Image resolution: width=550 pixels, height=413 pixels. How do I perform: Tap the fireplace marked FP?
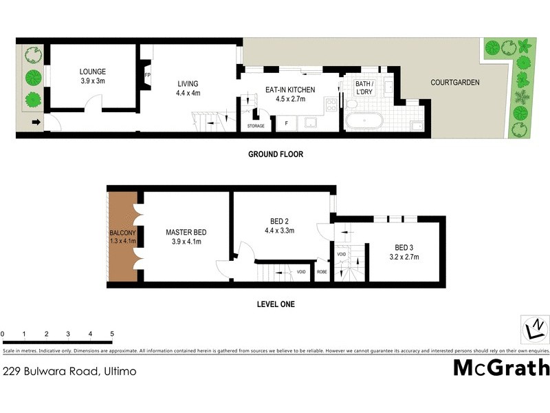pyautogui.click(x=147, y=76)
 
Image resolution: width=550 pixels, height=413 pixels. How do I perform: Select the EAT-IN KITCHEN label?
pyautogui.click(x=290, y=89)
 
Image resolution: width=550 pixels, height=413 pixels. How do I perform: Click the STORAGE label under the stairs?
pyautogui.click(x=255, y=126)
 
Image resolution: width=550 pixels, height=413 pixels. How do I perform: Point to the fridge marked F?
pyautogui.click(x=286, y=124)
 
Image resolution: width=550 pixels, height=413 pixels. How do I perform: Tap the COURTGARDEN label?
pyautogui.click(x=455, y=83)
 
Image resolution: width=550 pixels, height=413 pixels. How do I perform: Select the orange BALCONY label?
pyautogui.click(x=124, y=233)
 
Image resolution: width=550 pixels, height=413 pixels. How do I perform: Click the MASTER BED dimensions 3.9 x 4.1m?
pyautogui.click(x=186, y=242)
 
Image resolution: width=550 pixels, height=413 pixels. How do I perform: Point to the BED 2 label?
pyautogui.click(x=280, y=221)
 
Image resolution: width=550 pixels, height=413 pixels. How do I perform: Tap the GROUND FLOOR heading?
pyautogui.click(x=275, y=155)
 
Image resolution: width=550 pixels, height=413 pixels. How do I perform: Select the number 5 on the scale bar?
pyautogui.click(x=112, y=334)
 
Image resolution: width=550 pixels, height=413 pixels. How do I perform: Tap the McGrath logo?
pyautogui.click(x=501, y=368)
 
